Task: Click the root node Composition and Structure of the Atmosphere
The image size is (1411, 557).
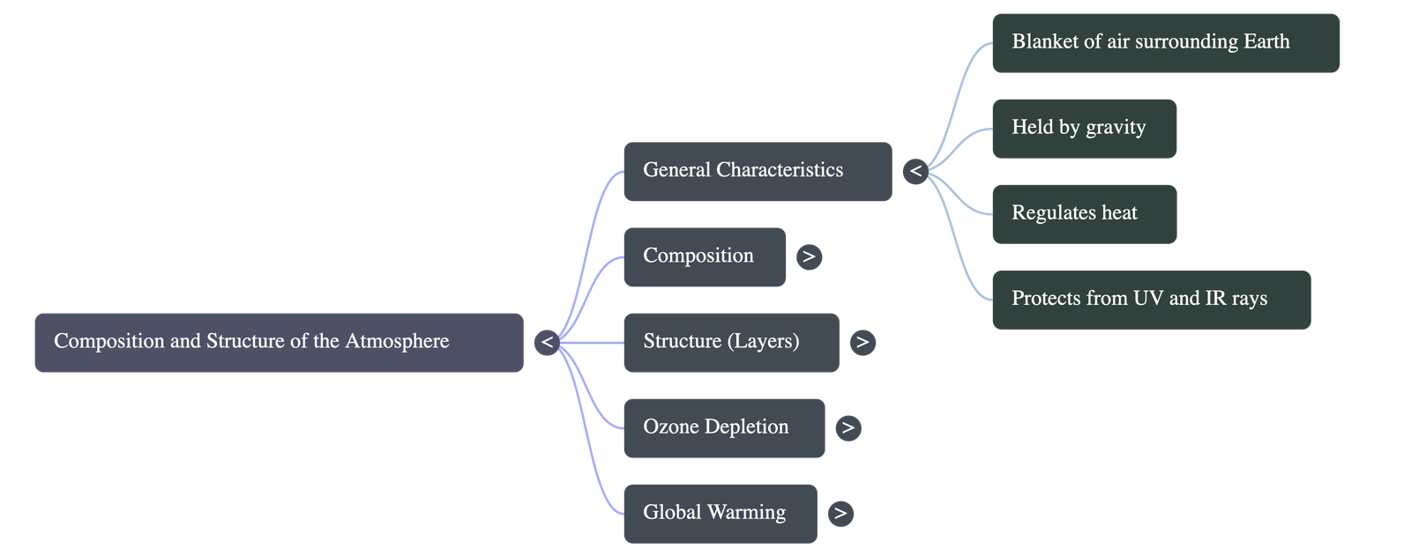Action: [279, 342]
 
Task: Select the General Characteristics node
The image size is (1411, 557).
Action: [757, 171]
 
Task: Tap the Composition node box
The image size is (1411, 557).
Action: [704, 256]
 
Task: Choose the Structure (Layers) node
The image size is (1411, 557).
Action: [730, 342]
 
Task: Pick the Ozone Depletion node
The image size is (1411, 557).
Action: [723, 427]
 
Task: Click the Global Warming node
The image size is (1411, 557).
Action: [720, 513]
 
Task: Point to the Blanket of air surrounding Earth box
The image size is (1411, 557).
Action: [1165, 42]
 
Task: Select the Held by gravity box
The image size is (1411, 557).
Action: [1084, 128]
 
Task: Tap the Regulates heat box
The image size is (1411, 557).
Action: [1084, 213]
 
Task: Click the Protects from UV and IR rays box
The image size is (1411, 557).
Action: [1151, 299]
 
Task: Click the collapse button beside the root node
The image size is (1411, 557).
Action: [547, 342]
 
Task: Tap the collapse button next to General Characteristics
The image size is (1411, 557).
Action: [915, 171]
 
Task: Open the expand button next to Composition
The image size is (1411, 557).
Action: [809, 256]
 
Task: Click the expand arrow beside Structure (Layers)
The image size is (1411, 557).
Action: [862, 342]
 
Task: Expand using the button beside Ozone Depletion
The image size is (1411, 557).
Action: [847, 427]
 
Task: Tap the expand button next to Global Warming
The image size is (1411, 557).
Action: [840, 513]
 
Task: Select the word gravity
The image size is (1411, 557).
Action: [1116, 128]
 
